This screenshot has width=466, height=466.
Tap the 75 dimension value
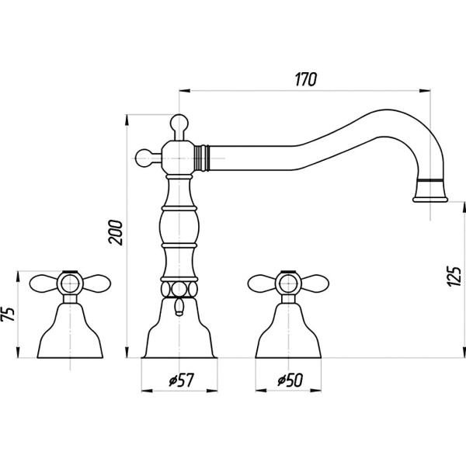[9, 313]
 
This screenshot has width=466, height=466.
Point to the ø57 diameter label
[179, 381]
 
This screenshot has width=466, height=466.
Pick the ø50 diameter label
[288, 381]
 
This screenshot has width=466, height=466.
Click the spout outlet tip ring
[431, 190]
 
